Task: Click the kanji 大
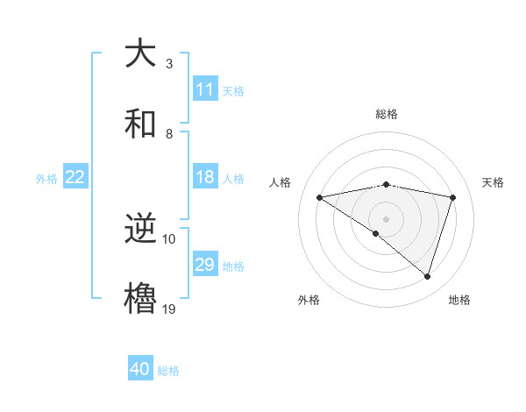coord(142,53)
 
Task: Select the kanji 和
coord(142,124)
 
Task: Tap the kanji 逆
coord(142,230)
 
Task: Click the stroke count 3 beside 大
coord(169,64)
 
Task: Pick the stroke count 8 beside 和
coord(169,134)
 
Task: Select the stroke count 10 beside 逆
coord(169,239)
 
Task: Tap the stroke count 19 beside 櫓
coord(169,309)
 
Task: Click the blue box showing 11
coord(205,89)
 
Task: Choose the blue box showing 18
coord(205,177)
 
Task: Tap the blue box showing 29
coord(205,265)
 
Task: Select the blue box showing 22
coord(75,177)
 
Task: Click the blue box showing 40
coord(140,369)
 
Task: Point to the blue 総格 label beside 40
coord(168,371)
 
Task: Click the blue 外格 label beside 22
coord(46,179)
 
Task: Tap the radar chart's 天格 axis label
coord(493,182)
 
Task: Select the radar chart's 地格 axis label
coord(459,300)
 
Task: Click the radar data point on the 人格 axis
coord(320,197)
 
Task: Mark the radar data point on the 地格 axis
coord(428,277)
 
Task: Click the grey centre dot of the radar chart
coord(387,217)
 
